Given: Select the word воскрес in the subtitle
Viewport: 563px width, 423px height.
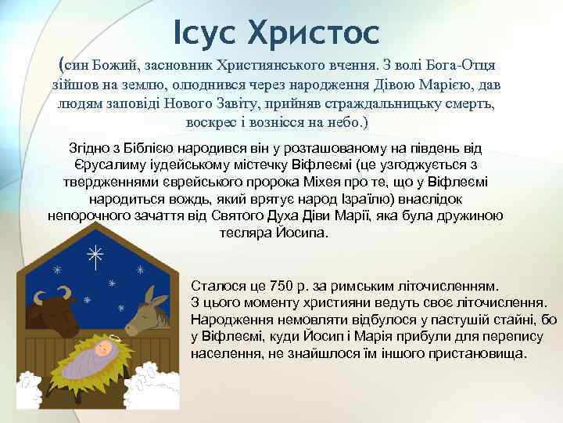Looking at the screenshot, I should (211, 123).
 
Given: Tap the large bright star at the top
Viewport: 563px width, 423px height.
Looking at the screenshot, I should (95, 257).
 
